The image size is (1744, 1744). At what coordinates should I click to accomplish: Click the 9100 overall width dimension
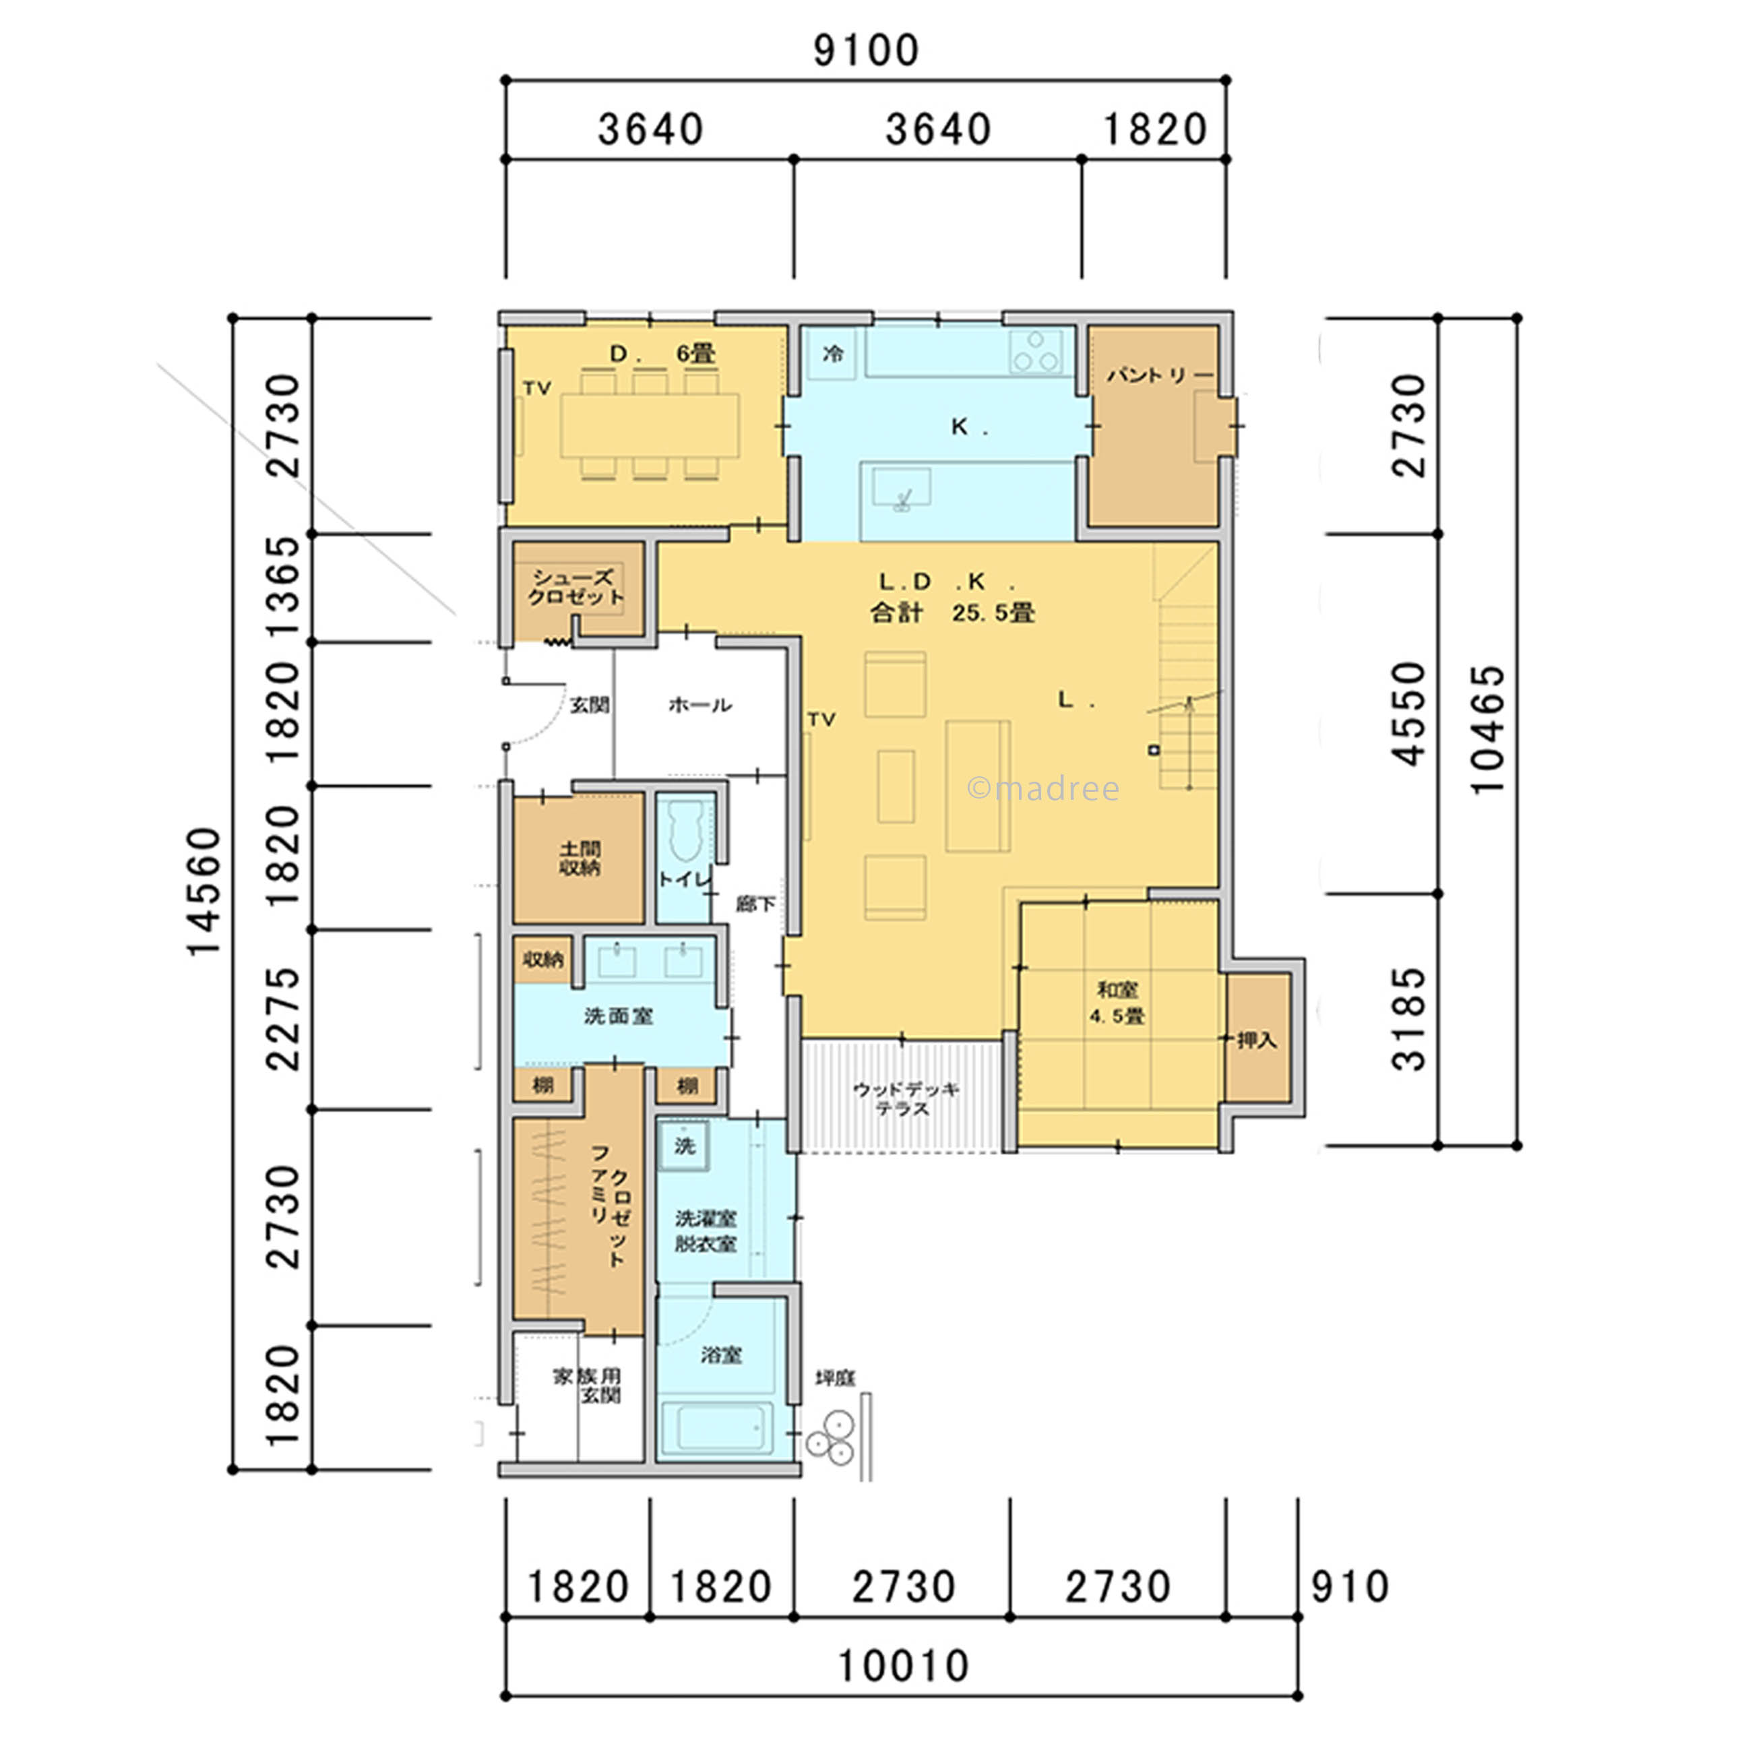click(x=866, y=51)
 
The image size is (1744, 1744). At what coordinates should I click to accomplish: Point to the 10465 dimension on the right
click(x=1488, y=729)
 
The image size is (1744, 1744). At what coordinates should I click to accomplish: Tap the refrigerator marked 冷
click(x=832, y=353)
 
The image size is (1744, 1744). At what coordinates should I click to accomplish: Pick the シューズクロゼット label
click(x=577, y=587)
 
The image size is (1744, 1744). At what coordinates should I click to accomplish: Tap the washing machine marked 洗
click(x=684, y=1146)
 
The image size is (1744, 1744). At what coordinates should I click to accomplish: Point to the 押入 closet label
click(x=1257, y=1040)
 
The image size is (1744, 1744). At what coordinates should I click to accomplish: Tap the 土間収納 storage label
click(x=580, y=858)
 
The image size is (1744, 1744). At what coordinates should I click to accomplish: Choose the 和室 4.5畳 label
click(x=1117, y=1003)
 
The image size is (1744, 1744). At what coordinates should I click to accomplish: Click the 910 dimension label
click(x=1348, y=1587)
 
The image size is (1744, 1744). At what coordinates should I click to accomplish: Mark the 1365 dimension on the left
click(x=284, y=588)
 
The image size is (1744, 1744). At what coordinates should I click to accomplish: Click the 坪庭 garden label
click(x=835, y=1377)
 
